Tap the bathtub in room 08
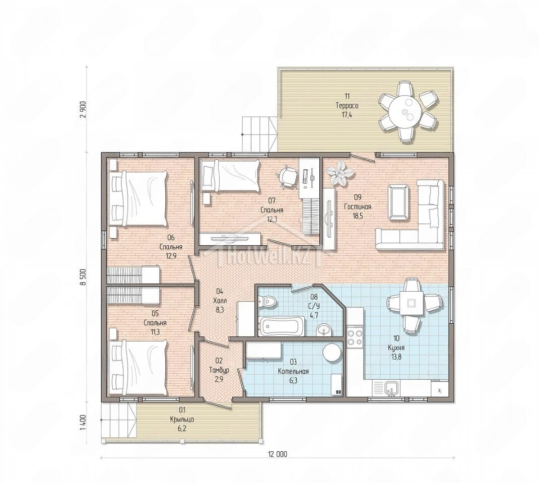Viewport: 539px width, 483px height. (x=282, y=325)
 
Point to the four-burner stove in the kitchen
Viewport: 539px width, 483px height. (x=355, y=337)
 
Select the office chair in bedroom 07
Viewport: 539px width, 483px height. (x=287, y=176)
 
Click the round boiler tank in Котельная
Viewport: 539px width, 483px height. (x=332, y=353)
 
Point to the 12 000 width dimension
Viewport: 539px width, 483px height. (x=278, y=454)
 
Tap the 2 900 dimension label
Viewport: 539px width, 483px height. (x=83, y=110)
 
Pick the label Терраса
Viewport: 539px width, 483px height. (x=347, y=106)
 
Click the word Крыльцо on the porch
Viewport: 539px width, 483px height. (x=182, y=420)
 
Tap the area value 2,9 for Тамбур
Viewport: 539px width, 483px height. (x=219, y=379)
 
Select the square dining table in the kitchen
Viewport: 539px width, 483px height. (x=411, y=303)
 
